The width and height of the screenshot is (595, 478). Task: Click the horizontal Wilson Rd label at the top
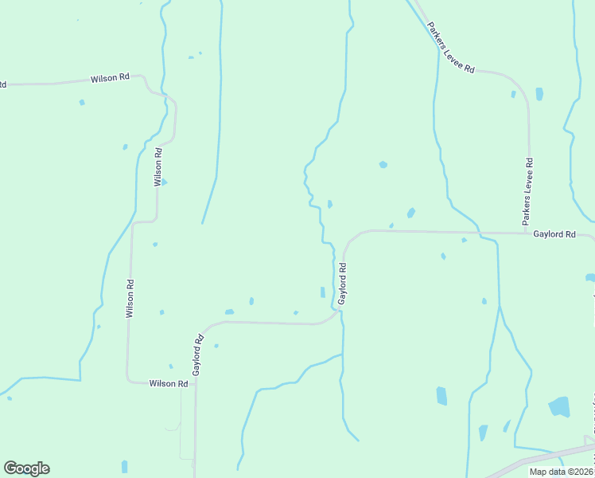(x=110, y=78)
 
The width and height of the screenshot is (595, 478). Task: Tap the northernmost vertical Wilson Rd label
(x=158, y=167)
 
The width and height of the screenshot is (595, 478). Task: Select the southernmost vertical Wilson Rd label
(x=129, y=299)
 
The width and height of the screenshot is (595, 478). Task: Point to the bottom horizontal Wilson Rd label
(x=169, y=383)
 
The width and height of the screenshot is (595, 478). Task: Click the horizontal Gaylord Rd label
(x=554, y=234)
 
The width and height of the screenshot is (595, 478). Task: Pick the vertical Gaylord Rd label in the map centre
(x=344, y=284)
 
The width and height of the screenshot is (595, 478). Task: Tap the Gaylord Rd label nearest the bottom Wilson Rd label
(x=198, y=355)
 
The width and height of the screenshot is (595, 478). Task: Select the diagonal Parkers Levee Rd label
(x=450, y=49)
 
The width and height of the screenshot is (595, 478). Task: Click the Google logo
(x=26, y=468)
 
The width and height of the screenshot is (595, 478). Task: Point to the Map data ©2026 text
(x=561, y=472)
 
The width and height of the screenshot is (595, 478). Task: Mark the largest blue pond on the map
(x=560, y=406)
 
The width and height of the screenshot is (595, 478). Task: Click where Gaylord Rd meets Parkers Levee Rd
(x=528, y=233)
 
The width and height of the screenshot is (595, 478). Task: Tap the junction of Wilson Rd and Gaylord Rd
(x=195, y=383)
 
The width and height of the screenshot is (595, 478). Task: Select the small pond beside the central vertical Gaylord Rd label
(x=322, y=292)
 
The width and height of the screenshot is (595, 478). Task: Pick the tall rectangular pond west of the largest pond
(x=441, y=396)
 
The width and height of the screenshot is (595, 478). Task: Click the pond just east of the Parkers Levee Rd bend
(x=539, y=94)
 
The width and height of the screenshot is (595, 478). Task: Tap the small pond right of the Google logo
(x=124, y=466)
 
